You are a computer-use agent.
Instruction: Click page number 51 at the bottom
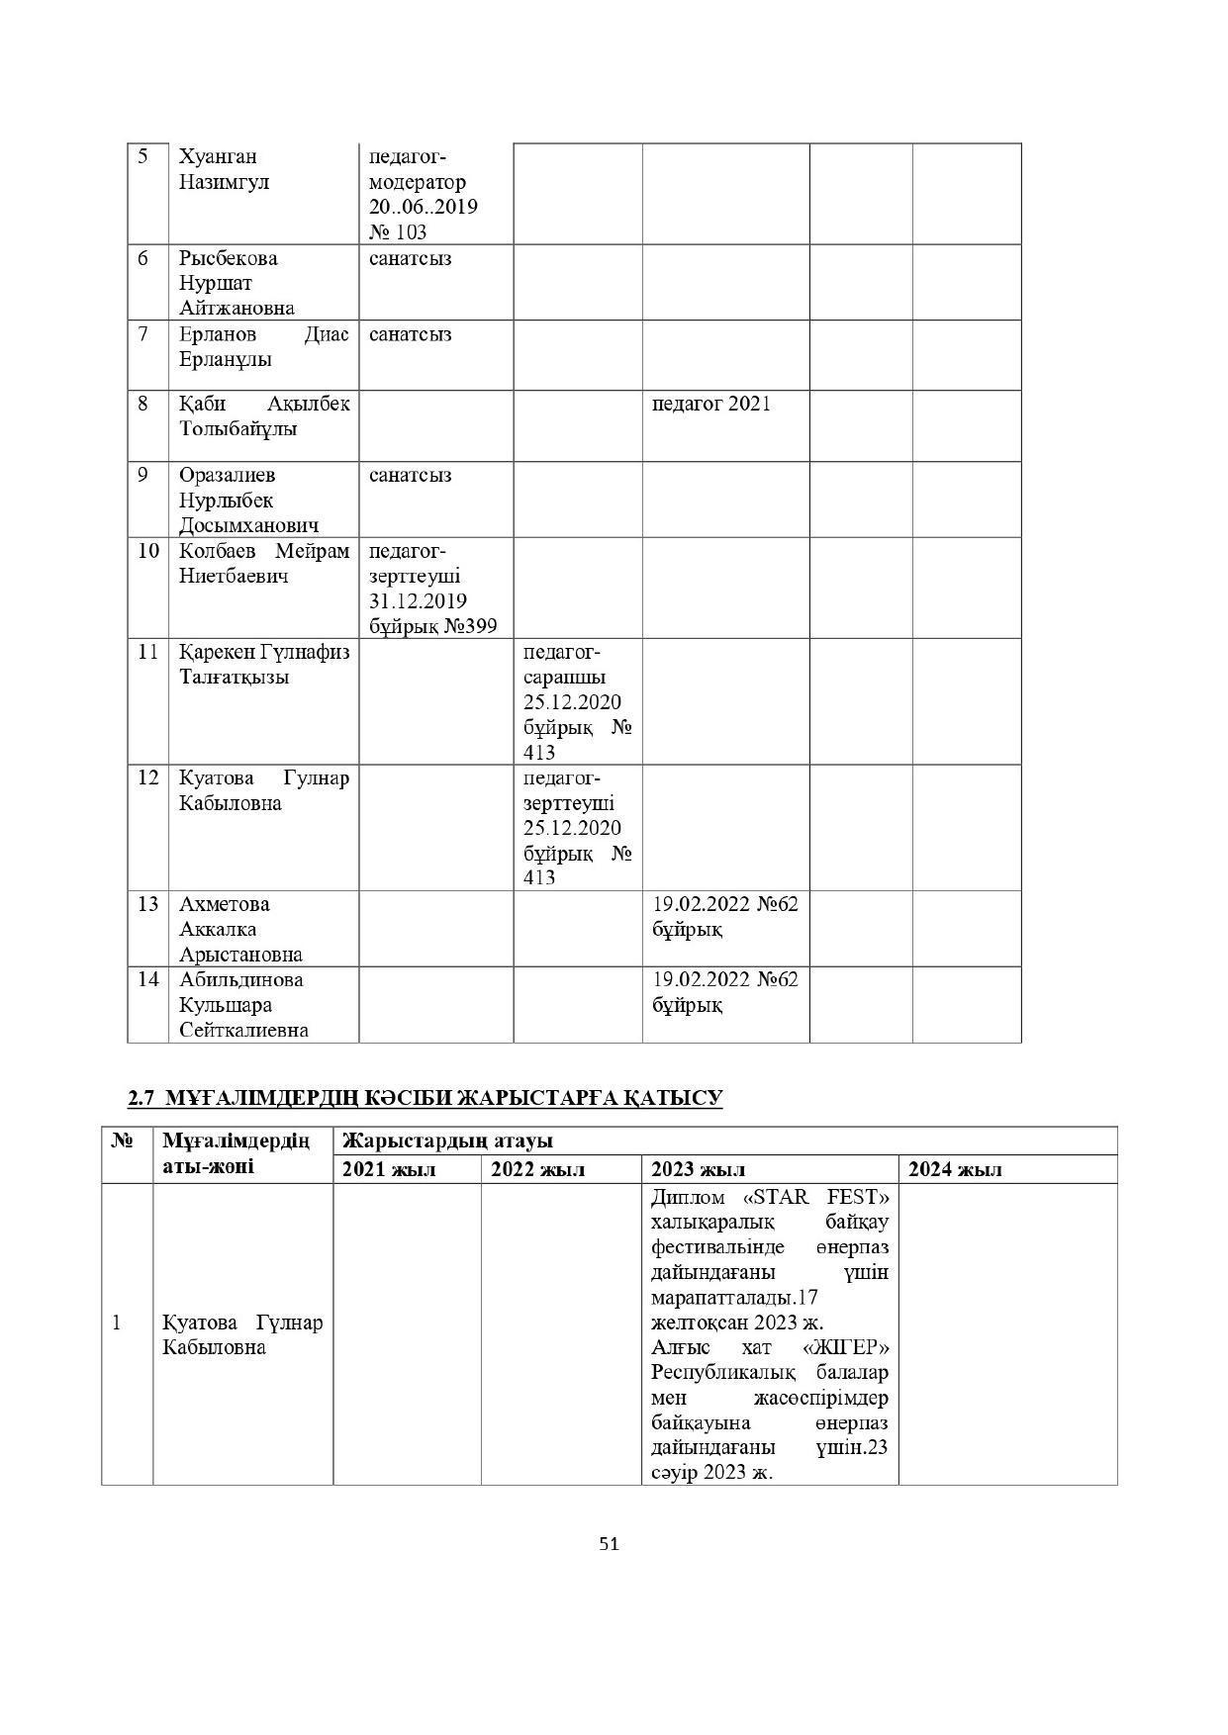click(x=609, y=1544)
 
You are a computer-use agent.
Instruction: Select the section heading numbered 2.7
click(x=425, y=1098)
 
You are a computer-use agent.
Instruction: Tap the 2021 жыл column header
click(x=389, y=1169)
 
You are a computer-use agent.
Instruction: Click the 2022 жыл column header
click(x=537, y=1169)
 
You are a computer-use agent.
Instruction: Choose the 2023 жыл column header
click(x=699, y=1169)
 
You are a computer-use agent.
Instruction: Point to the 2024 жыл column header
click(x=955, y=1169)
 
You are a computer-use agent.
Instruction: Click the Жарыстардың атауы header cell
click(x=447, y=1141)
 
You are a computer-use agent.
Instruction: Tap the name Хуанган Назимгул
click(x=224, y=169)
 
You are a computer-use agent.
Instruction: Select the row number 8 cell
click(x=143, y=404)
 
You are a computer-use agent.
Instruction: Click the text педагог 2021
click(x=711, y=404)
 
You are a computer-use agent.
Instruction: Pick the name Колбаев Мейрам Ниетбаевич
click(x=263, y=563)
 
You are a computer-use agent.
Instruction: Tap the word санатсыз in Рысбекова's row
click(x=410, y=258)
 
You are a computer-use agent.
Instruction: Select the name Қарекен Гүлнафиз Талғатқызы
click(x=263, y=665)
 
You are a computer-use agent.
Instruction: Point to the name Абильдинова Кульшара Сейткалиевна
click(x=243, y=1004)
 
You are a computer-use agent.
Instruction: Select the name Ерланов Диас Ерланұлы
click(x=263, y=346)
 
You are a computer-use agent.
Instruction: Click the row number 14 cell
click(x=147, y=979)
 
